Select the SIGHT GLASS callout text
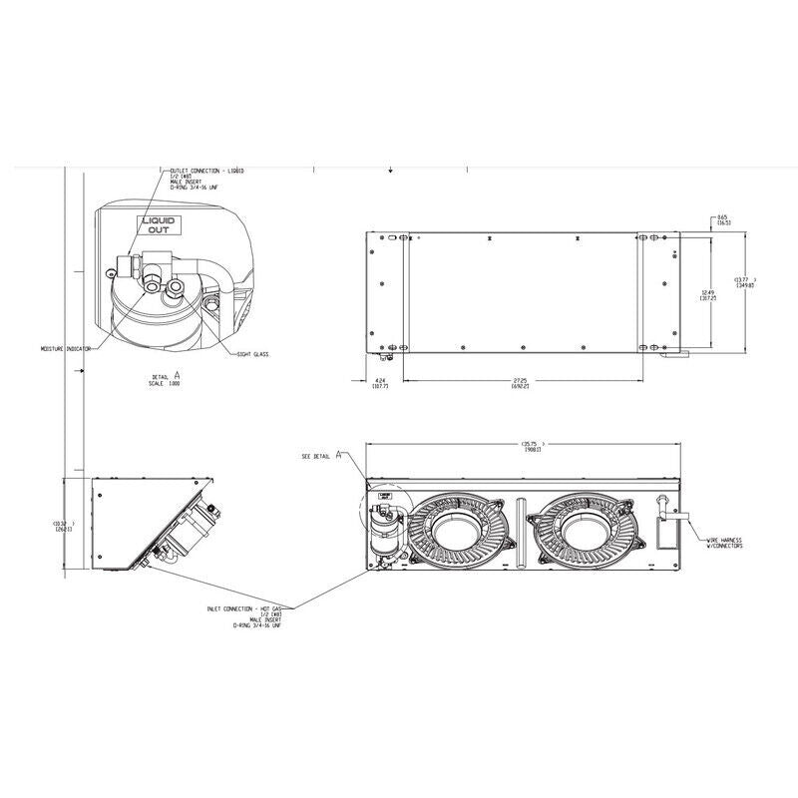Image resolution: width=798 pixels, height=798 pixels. tap(254, 354)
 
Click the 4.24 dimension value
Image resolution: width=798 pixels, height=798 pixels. tap(380, 384)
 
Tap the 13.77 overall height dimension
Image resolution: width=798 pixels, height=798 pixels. tap(744, 281)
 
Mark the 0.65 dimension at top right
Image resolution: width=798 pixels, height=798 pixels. tap(722, 218)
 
